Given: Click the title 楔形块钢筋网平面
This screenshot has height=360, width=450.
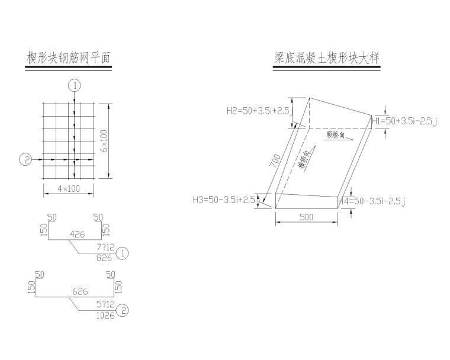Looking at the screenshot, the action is click(x=68, y=58).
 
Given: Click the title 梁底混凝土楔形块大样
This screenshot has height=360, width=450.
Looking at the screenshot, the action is click(x=326, y=58).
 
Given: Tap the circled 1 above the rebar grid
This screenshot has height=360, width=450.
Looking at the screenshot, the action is click(x=73, y=85).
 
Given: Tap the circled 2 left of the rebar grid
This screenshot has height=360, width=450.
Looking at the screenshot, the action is click(x=25, y=159).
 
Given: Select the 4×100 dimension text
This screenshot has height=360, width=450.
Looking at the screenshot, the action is click(x=69, y=189).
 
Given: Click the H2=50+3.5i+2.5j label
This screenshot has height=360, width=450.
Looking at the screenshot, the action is click(x=260, y=110).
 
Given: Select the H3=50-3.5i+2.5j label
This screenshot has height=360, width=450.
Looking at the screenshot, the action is click(x=226, y=200).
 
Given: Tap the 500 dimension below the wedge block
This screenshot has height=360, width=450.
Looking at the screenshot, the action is click(x=306, y=217).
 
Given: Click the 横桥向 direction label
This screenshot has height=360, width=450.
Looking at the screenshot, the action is click(x=308, y=159).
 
